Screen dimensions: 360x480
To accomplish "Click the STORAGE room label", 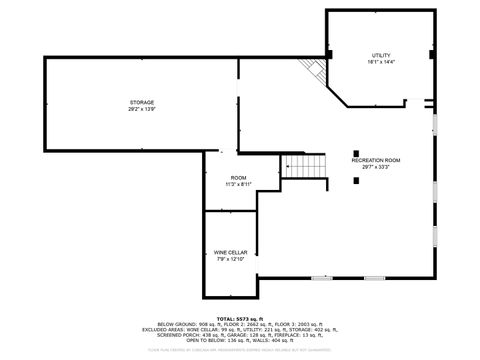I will [x=141, y=102].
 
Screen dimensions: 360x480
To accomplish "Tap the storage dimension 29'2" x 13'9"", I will [x=141, y=109].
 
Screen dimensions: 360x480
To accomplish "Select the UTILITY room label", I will [x=381, y=55].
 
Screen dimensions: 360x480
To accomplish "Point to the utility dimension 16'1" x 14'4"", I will [x=381, y=62].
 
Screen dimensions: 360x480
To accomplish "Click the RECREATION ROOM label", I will [x=375, y=160].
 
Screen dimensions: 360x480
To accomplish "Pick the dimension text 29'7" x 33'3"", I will [x=375, y=167].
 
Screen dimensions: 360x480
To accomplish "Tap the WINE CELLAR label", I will [x=229, y=252].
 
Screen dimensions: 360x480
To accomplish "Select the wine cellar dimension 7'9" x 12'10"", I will [x=229, y=259].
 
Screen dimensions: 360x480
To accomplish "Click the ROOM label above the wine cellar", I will [x=237, y=177].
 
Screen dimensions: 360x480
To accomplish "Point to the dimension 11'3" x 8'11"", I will [x=237, y=184].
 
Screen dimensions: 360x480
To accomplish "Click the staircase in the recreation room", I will [x=304, y=166].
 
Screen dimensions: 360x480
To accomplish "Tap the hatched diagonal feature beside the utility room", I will [x=317, y=70].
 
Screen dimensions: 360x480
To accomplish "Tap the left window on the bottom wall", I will [x=323, y=277].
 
